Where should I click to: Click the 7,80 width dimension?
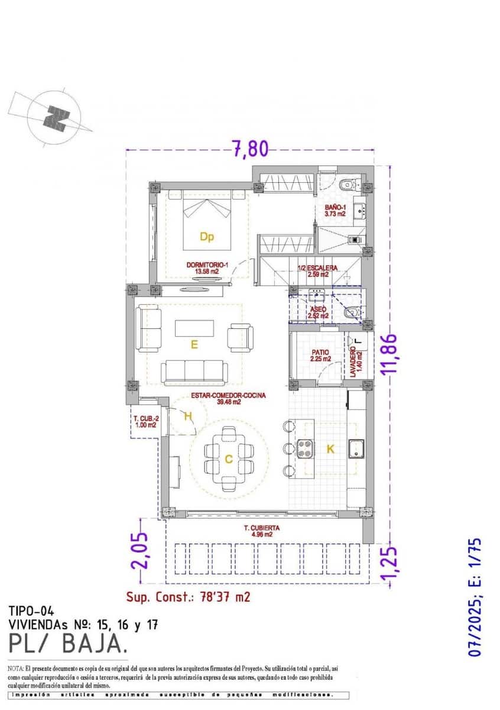pyautogui.click(x=249, y=149)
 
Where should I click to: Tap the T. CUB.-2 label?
pyautogui.click(x=144, y=421)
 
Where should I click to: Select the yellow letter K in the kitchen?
pyautogui.click(x=330, y=449)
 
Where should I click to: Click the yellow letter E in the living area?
pyautogui.click(x=193, y=343)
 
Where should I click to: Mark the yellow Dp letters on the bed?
pyautogui.click(x=206, y=237)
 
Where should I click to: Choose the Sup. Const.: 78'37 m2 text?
pyautogui.click(x=188, y=596)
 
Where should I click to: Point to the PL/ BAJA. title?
pyautogui.click(x=67, y=641)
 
